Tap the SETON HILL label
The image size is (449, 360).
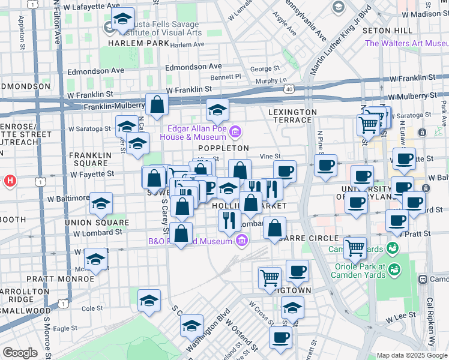point(394,31)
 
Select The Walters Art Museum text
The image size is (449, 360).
point(406,43)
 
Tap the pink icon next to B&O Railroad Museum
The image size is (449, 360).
point(242,241)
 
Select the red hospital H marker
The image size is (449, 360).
point(10,180)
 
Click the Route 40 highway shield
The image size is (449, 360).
point(290,89)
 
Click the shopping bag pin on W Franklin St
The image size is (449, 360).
point(157,104)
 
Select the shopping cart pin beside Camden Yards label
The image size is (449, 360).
point(355,247)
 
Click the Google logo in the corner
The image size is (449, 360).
point(20,353)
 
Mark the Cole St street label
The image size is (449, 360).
point(92,308)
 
